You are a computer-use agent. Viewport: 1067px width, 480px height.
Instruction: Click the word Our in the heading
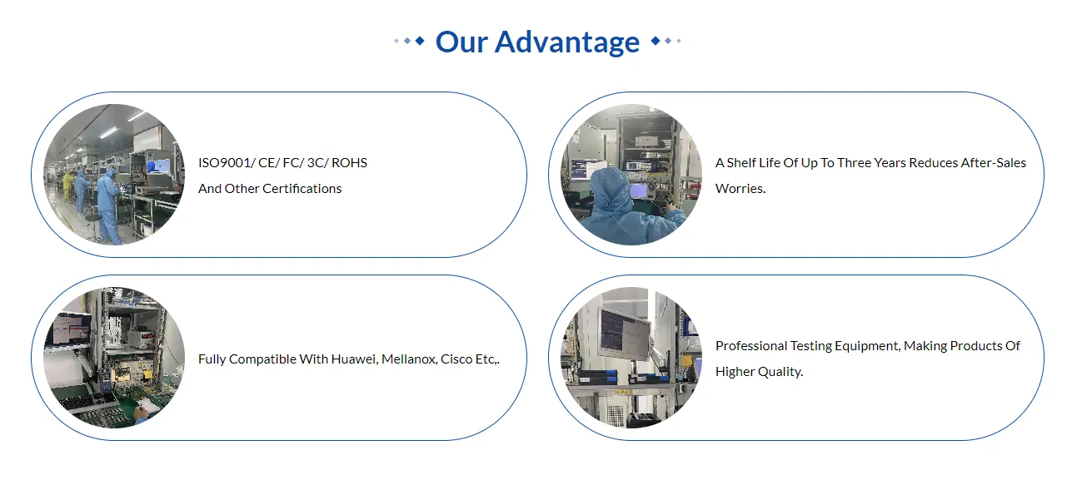(x=461, y=42)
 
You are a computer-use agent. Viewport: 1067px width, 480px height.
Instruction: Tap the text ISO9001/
(x=227, y=163)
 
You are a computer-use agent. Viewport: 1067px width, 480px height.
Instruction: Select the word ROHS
(x=349, y=163)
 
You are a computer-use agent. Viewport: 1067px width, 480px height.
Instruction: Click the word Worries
(x=740, y=188)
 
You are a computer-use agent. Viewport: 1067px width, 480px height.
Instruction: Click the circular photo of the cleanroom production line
(x=114, y=175)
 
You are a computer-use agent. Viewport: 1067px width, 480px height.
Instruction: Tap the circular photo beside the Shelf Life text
(x=631, y=175)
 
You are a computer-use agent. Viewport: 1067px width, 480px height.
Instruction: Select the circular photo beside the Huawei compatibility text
(x=114, y=357)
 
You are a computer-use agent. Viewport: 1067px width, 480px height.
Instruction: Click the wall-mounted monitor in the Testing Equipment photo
(x=626, y=334)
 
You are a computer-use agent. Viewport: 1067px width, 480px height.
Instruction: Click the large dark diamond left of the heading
(x=420, y=41)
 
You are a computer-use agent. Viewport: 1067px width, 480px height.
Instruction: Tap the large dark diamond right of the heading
(x=656, y=41)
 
